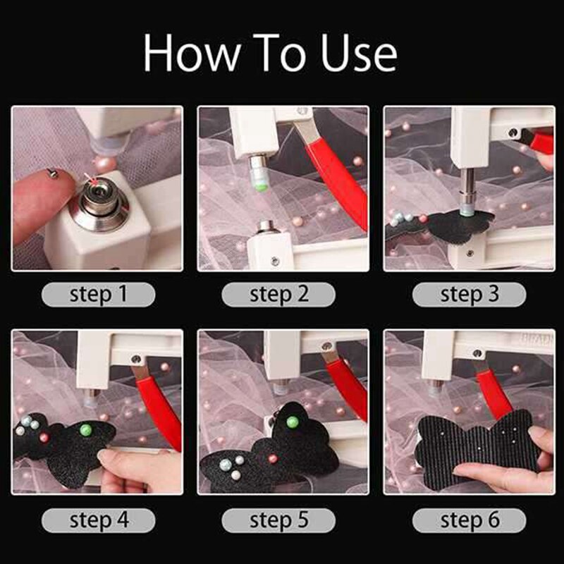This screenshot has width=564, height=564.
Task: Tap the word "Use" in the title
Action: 356,53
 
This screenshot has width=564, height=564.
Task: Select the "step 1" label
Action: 98,294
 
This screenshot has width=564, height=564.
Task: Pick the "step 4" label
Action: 98,521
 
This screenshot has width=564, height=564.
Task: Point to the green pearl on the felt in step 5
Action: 292,422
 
